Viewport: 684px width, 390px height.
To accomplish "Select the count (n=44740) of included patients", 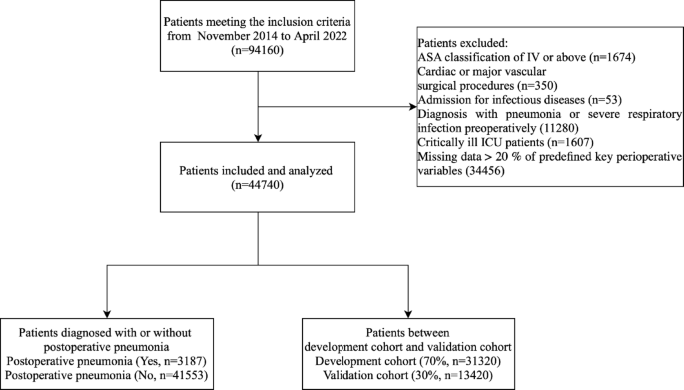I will point(259,186).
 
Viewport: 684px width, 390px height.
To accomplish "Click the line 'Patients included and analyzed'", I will point(259,171).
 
